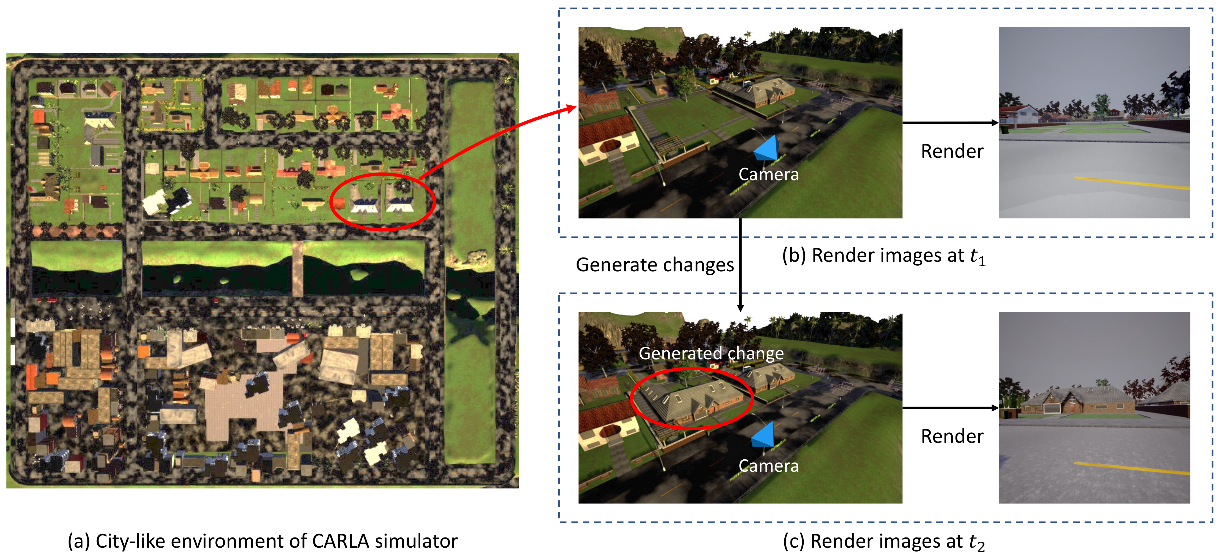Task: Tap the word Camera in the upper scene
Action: pyautogui.click(x=768, y=174)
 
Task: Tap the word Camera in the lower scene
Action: pyautogui.click(x=768, y=466)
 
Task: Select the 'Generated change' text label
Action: pyautogui.click(x=711, y=353)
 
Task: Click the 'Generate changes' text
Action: pyautogui.click(x=654, y=265)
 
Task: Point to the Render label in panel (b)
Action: pyautogui.click(x=952, y=152)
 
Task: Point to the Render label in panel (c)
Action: pyautogui.click(x=952, y=436)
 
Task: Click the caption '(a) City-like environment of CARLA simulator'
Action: pyautogui.click(x=262, y=541)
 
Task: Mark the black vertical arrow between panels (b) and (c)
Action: pyautogui.click(x=740, y=265)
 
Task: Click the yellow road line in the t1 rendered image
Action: pyautogui.click(x=1132, y=183)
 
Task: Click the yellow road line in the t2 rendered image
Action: pyautogui.click(x=1132, y=468)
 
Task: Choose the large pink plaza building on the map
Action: pyautogui.click(x=241, y=407)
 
